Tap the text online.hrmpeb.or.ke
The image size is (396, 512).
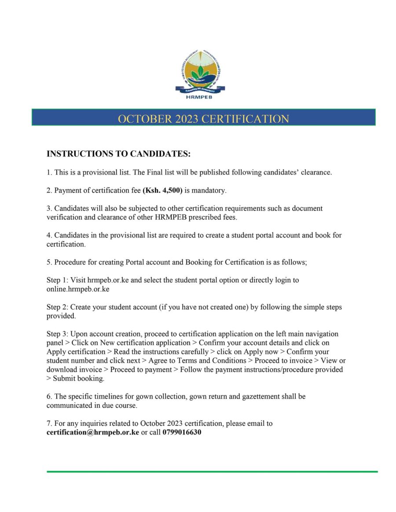pos(78,289)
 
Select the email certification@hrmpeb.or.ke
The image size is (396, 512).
pos(93,432)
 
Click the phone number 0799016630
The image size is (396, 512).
pos(182,432)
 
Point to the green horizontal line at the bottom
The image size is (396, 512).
pos(212,472)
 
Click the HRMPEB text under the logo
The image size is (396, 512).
pos(200,97)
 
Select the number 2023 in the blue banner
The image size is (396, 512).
pos(188,119)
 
